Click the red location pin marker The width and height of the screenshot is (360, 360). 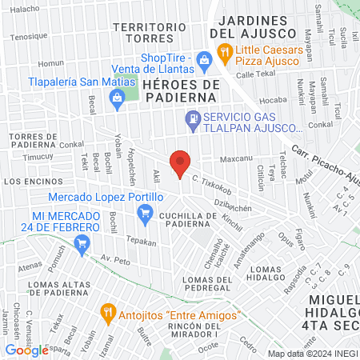[180, 162]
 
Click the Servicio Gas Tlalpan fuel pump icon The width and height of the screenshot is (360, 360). [192, 121]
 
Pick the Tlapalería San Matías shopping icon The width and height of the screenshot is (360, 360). [118, 99]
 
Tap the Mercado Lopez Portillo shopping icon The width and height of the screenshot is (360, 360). [145, 212]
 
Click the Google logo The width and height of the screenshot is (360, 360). [26, 350]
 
